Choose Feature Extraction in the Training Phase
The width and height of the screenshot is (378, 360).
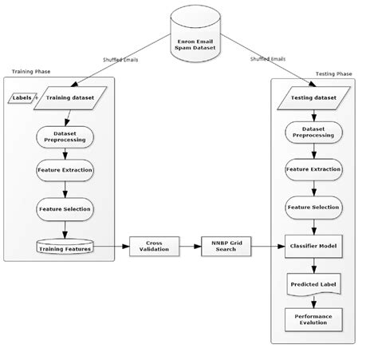pos(65,171)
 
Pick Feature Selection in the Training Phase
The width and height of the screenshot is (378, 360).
pos(65,208)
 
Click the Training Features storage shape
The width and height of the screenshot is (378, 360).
pos(65,248)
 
